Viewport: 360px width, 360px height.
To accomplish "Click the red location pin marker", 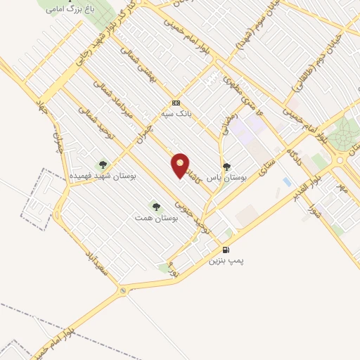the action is tap(181, 165).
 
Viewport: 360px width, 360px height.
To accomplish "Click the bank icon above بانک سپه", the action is tap(176, 103).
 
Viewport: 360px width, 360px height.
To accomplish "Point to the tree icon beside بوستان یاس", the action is tap(226, 167).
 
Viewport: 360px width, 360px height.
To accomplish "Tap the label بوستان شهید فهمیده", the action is tap(103, 176).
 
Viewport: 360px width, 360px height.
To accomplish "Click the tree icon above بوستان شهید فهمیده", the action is tap(103, 165).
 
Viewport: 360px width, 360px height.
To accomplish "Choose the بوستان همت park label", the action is tap(157, 218).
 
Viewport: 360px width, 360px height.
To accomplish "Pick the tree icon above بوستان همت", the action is tap(156, 206).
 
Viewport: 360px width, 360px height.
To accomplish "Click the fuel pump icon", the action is tap(225, 250).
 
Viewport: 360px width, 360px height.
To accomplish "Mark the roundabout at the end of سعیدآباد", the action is tap(123, 290).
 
